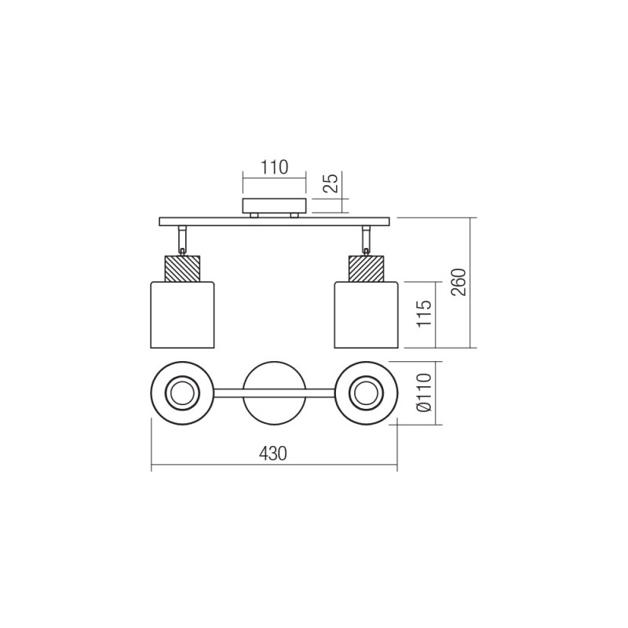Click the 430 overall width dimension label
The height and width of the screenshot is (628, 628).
tap(273, 454)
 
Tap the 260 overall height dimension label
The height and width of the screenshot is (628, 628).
tap(459, 282)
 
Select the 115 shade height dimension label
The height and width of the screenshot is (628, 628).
tap(425, 314)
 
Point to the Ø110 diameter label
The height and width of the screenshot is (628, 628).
tap(425, 393)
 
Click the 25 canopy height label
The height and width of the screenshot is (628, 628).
tap(331, 184)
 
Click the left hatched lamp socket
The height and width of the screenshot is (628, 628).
tap(182, 268)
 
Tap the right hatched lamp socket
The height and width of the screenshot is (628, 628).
tap(366, 268)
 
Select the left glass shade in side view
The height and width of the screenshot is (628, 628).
tap(182, 314)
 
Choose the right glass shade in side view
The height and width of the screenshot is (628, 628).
tap(366, 314)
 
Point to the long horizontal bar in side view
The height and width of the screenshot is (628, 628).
tap(274, 221)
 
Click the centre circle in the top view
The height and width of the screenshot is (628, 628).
tap(273, 392)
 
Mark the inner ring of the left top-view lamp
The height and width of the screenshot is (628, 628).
tap(182, 392)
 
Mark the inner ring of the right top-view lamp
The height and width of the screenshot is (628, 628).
tap(366, 392)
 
